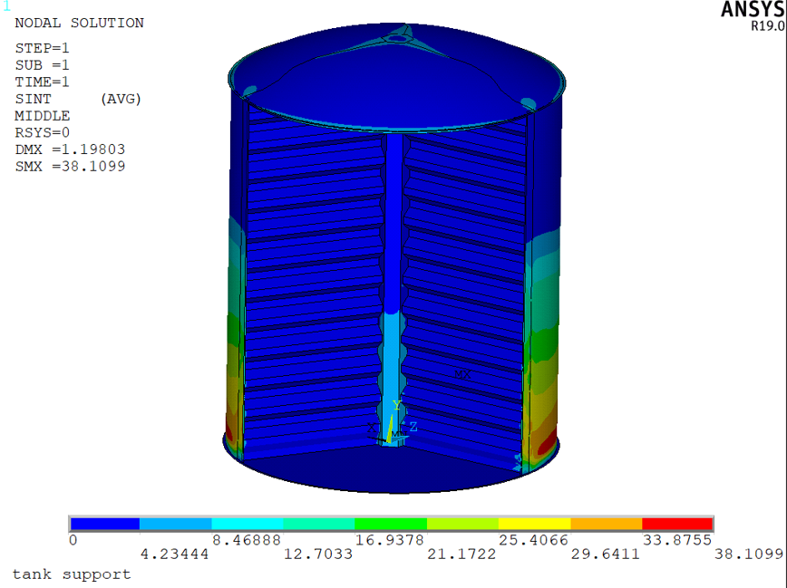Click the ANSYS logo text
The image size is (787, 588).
coord(753,10)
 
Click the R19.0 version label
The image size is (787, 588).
coord(767,26)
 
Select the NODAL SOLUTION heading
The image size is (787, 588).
coord(79,23)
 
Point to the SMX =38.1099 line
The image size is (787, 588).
coord(70,166)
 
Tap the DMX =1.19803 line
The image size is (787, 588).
coord(70,149)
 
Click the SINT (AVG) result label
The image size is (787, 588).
coord(78,100)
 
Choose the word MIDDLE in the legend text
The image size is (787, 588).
coord(42,116)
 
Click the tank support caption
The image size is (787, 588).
coord(72,574)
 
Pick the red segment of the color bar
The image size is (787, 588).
coord(677,524)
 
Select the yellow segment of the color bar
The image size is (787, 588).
coord(535,524)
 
